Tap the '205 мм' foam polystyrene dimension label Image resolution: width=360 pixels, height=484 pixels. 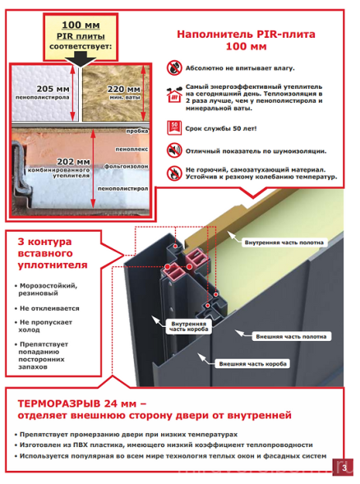42,91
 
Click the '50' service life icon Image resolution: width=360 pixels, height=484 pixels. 173,127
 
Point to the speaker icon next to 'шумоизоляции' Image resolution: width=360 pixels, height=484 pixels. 173,150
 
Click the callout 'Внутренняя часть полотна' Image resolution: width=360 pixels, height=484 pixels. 280,243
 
